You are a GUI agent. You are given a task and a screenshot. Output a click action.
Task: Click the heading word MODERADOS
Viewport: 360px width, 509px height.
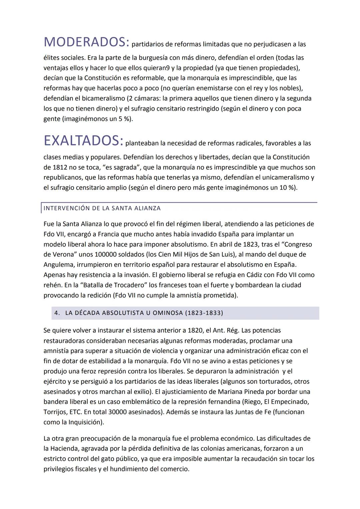[86, 42]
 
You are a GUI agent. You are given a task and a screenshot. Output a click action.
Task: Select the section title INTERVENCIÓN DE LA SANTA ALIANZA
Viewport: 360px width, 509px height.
[102, 208]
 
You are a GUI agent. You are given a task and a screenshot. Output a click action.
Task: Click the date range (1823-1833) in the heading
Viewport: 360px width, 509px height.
[204, 313]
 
